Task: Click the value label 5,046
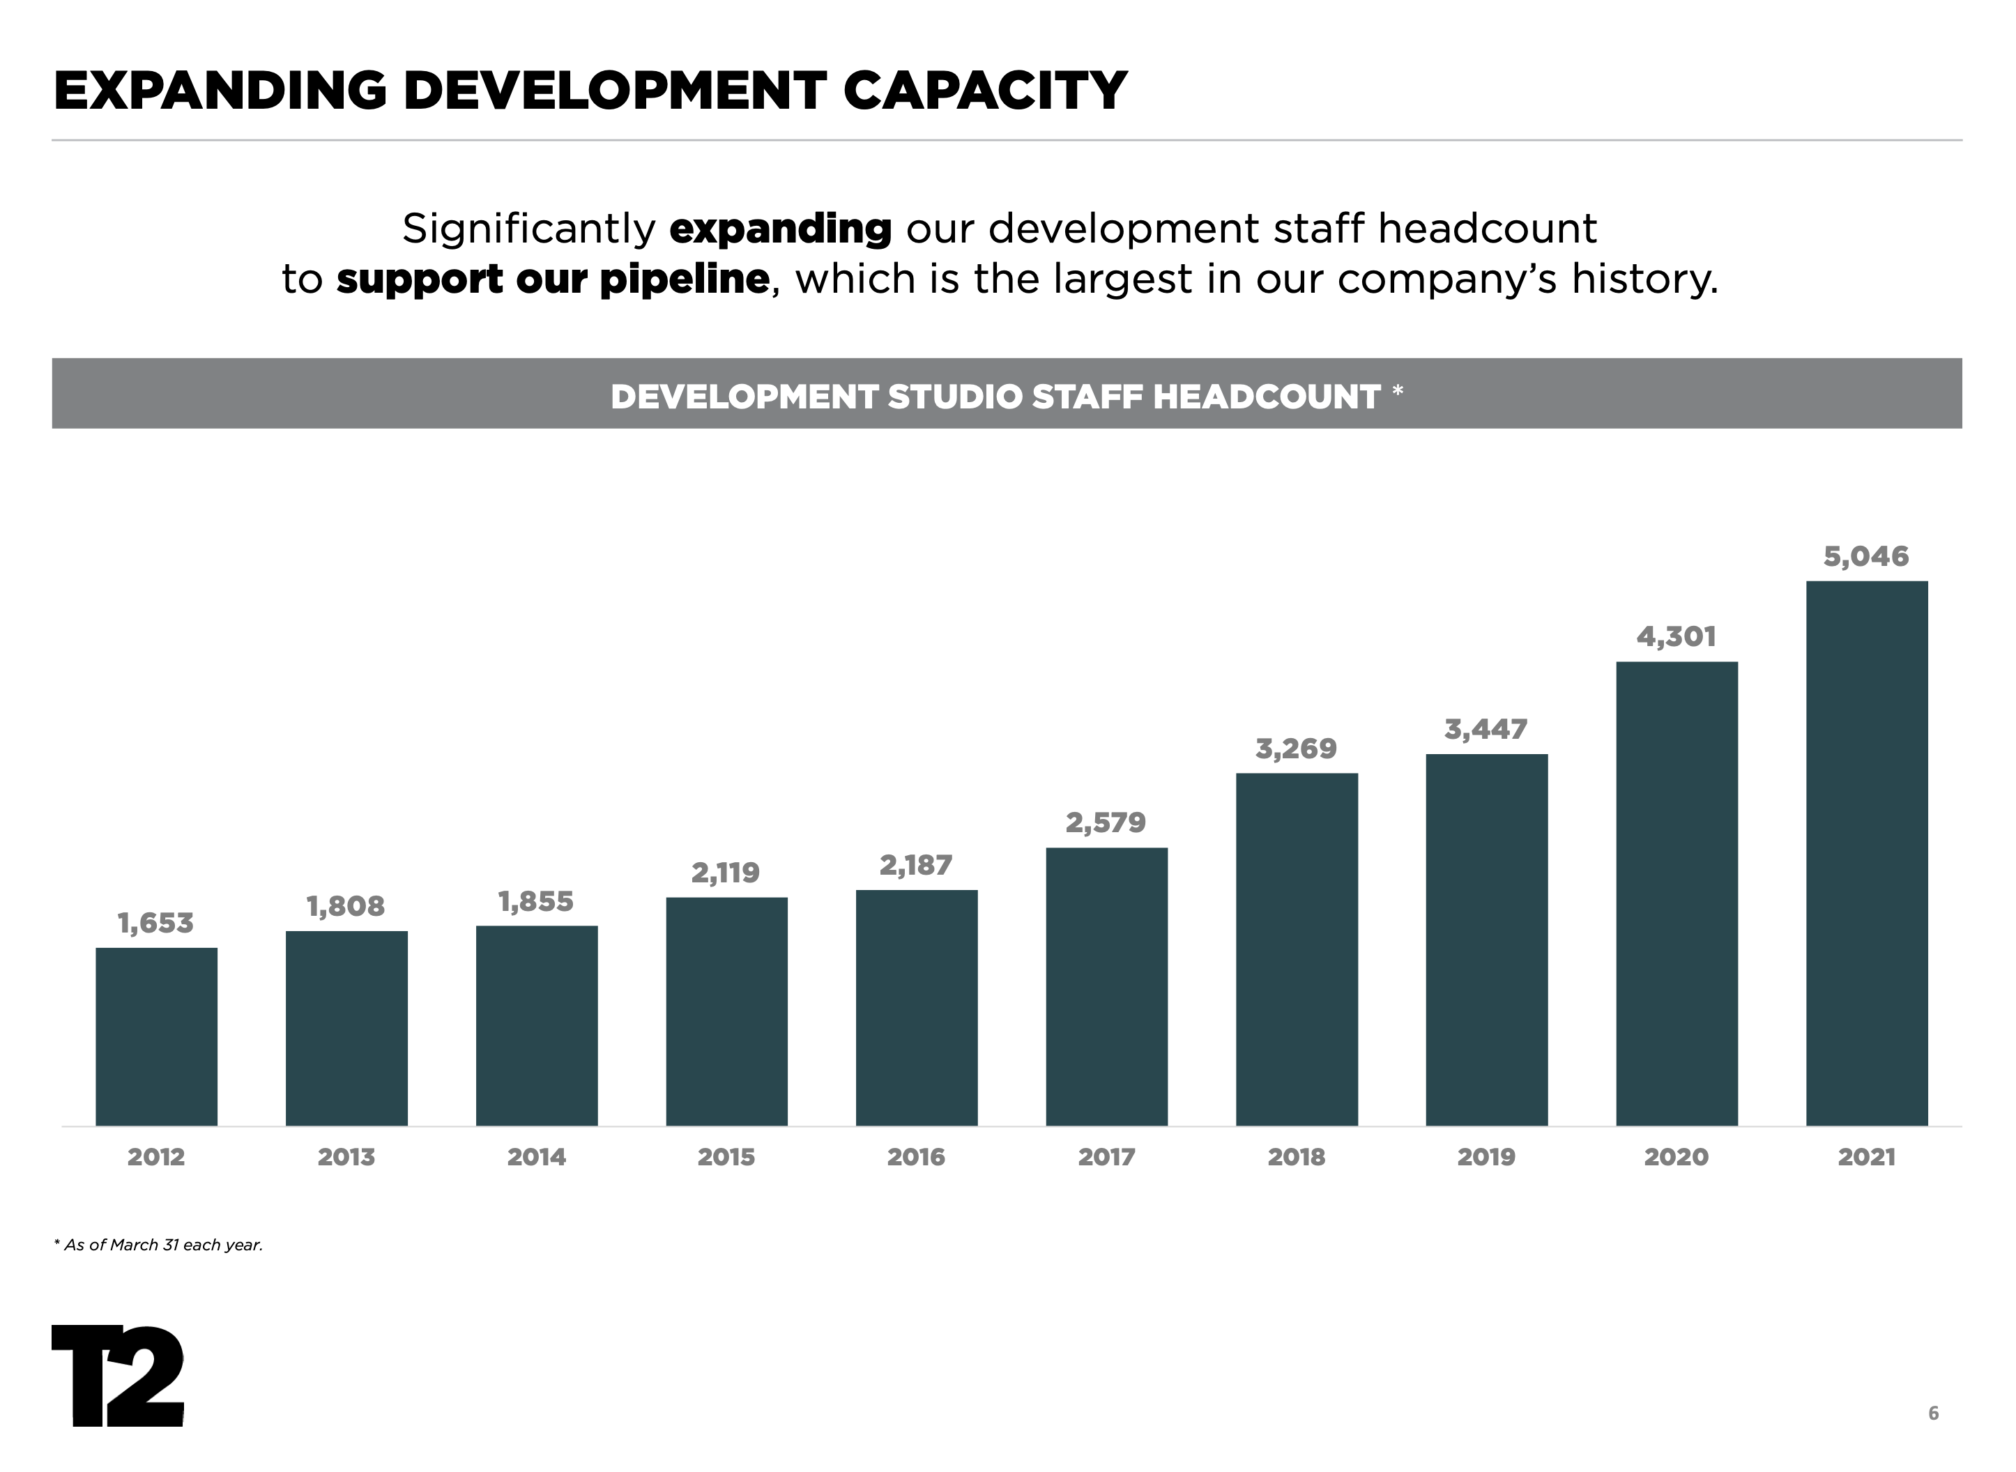point(1865,557)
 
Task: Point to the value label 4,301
point(1676,637)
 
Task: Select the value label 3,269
point(1296,749)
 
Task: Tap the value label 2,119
point(726,873)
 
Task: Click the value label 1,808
point(346,906)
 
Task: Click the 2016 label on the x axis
point(915,1158)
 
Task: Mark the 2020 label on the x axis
point(1676,1158)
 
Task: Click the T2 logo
point(118,1376)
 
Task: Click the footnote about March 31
point(159,1245)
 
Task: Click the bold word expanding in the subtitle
point(780,229)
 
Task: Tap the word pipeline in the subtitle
point(684,279)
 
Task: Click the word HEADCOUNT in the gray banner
point(1267,397)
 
